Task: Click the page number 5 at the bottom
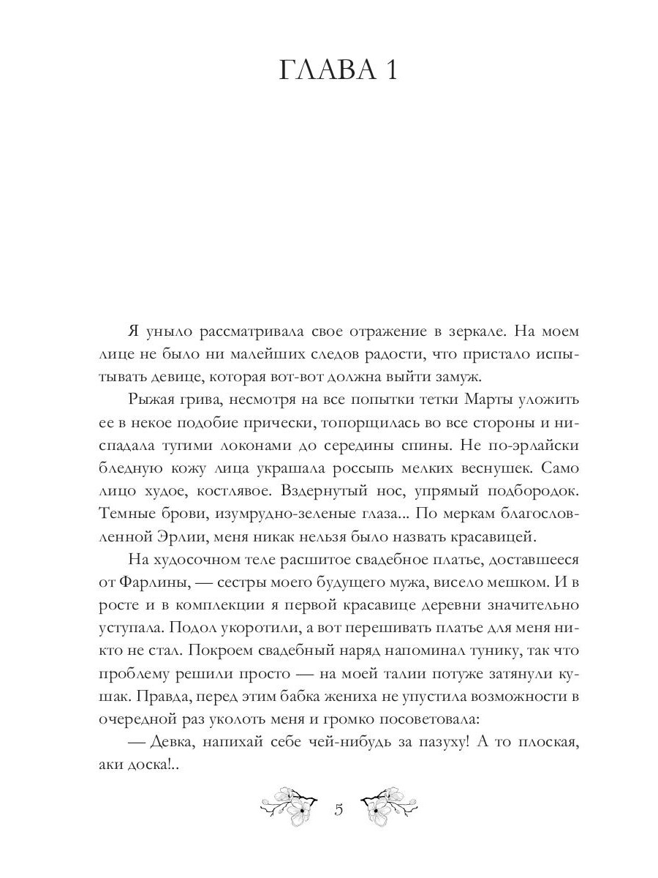pyautogui.click(x=338, y=810)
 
